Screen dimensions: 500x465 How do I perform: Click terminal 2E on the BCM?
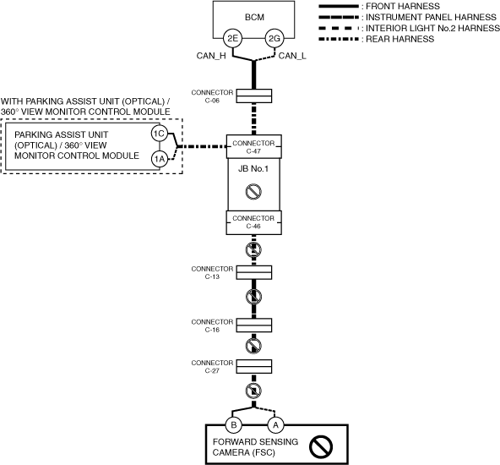(x=232, y=38)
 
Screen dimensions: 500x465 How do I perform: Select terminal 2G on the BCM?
(x=274, y=38)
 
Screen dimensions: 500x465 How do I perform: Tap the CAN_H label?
(x=211, y=56)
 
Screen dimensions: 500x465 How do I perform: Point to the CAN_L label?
(x=292, y=56)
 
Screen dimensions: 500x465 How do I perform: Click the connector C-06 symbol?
(x=254, y=96)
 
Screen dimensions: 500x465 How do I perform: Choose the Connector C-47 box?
(x=254, y=146)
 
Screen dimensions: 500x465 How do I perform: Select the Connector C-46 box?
(x=254, y=222)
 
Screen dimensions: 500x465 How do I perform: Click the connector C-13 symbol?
(x=254, y=272)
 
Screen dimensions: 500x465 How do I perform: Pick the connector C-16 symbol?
(x=254, y=325)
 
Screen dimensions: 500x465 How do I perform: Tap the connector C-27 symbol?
(x=254, y=366)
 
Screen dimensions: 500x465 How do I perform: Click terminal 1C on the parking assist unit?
(x=159, y=134)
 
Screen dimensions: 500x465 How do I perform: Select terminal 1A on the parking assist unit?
(x=159, y=159)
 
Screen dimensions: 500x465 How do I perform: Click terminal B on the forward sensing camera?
(x=233, y=425)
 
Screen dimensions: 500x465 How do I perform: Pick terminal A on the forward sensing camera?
(x=275, y=425)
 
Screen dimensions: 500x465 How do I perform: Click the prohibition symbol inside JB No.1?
(x=253, y=192)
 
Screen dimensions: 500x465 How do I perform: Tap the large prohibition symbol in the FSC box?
(x=321, y=446)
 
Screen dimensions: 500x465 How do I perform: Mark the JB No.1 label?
(x=253, y=168)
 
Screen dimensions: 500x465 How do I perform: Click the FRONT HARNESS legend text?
(x=403, y=6)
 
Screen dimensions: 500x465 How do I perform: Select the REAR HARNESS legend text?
(x=399, y=39)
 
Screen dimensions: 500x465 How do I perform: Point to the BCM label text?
(x=254, y=17)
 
